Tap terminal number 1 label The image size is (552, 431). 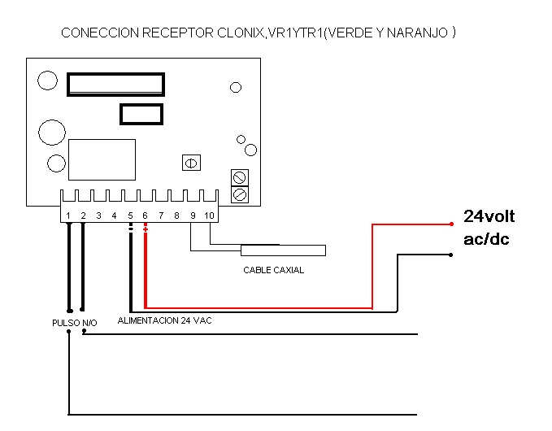click(68, 215)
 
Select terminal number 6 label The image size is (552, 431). click(146, 215)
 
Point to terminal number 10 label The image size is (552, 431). click(209, 215)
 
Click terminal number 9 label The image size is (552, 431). click(193, 215)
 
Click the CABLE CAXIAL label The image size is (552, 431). click(273, 270)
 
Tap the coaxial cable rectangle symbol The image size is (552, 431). click(282, 250)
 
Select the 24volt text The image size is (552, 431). click(489, 216)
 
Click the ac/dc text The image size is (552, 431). click(486, 240)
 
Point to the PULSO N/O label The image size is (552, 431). click(74, 323)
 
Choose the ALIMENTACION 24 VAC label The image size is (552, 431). click(164, 320)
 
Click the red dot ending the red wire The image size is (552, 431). click(451, 223)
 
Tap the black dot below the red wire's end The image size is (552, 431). click(451, 255)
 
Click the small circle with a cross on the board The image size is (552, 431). click(191, 163)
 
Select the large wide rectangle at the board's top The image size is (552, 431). click(115, 85)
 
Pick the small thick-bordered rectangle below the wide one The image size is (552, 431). click(141, 114)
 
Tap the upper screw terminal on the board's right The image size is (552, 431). click(240, 177)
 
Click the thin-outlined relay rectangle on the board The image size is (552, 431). click(102, 159)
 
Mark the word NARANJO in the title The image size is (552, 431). click(419, 34)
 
